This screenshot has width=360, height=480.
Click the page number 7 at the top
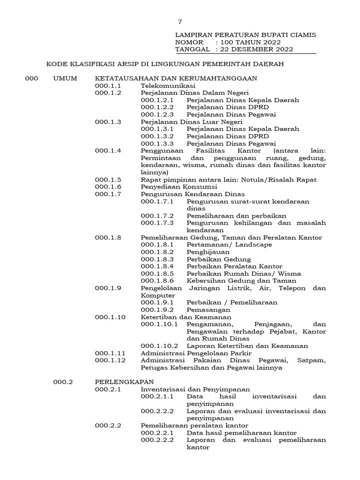click(180, 22)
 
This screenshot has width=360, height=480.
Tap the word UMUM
click(65, 78)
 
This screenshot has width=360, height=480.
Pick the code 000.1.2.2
click(157, 107)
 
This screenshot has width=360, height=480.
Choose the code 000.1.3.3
click(157, 143)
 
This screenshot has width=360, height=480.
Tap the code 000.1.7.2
click(157, 216)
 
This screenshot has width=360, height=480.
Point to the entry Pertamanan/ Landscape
click(229, 245)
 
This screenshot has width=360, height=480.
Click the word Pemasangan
click(208, 310)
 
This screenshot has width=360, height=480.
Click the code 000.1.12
click(110, 360)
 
